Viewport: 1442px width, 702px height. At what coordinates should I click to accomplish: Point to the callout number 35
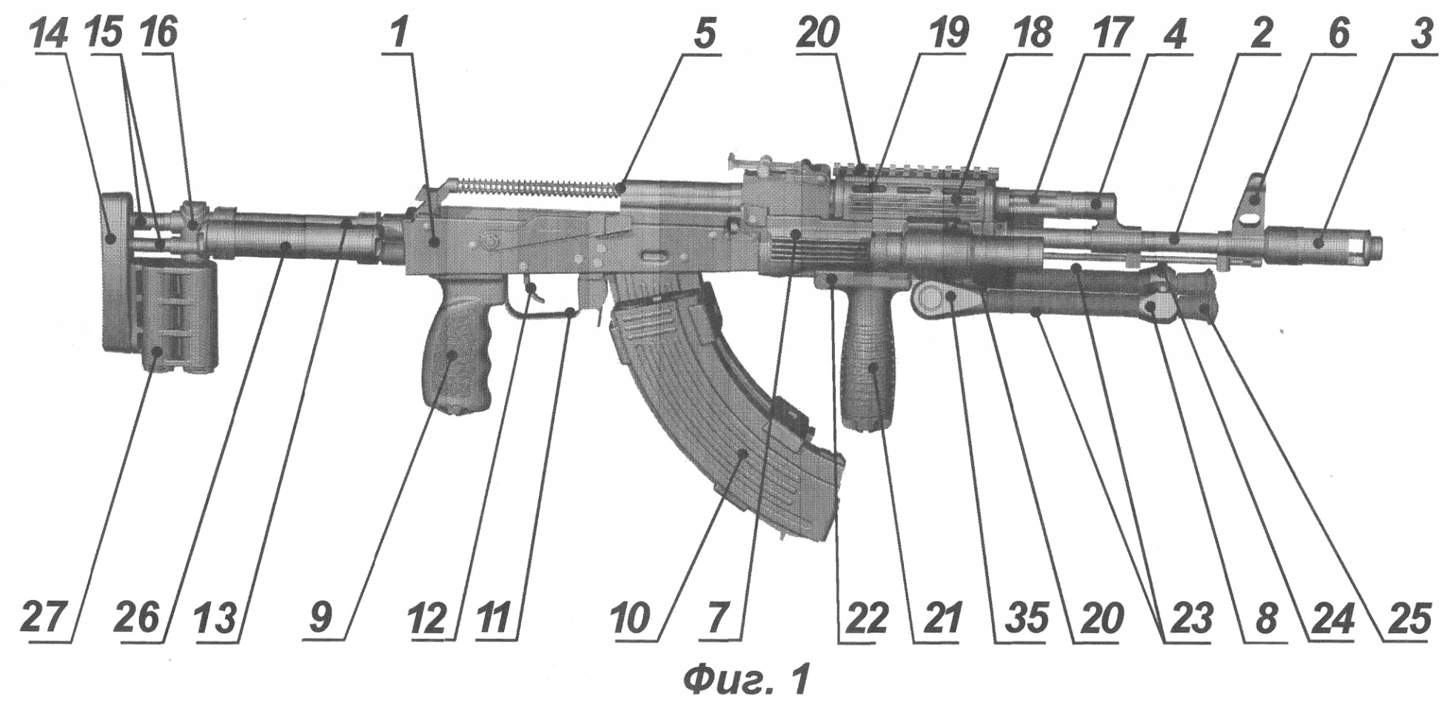pos(1022,618)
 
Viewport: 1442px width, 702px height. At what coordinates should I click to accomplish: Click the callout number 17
pos(1110,34)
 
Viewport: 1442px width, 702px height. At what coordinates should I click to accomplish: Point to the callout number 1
pos(400,34)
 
